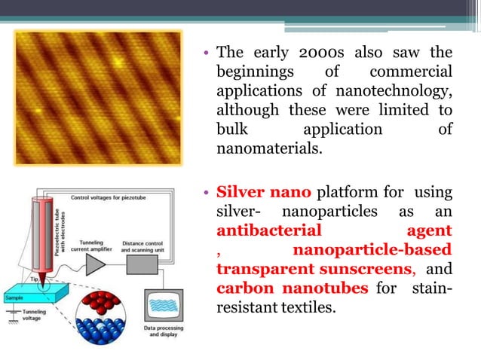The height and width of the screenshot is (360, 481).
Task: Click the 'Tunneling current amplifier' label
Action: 96,237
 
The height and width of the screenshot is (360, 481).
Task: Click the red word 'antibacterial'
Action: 268,230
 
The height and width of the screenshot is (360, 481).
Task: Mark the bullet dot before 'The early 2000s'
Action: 205,54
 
